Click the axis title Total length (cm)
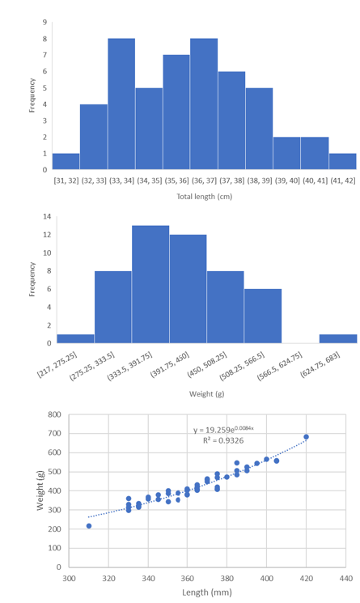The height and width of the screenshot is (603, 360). (x=204, y=197)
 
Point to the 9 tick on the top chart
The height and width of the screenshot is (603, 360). (x=44, y=22)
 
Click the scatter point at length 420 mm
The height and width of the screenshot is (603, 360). (x=306, y=437)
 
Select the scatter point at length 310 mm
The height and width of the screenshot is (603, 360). (x=89, y=526)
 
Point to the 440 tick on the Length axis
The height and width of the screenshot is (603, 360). (x=345, y=580)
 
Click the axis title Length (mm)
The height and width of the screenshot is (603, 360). (x=207, y=595)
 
